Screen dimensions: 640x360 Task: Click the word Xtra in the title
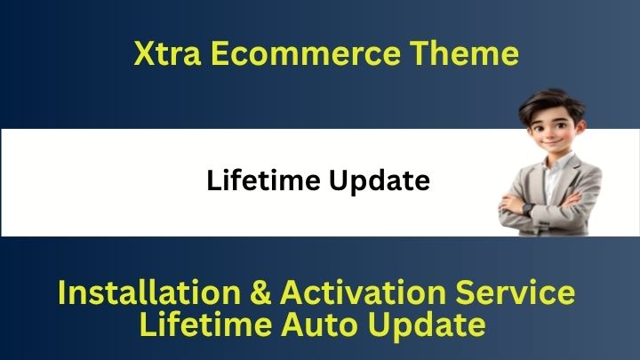tap(167, 53)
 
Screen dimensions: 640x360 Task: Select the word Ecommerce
tap(306, 53)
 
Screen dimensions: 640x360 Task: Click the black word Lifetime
tap(263, 180)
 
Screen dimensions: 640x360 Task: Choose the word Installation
tap(149, 292)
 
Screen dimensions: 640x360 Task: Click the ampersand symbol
tap(260, 292)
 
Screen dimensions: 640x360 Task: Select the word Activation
tap(363, 292)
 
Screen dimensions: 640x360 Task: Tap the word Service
tap(515, 292)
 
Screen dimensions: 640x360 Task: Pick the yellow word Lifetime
tap(205, 324)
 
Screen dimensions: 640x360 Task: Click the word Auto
tap(320, 324)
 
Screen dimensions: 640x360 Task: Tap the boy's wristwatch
tap(527, 210)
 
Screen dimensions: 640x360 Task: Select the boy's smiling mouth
tap(551, 143)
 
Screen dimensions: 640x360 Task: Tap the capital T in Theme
tap(420, 53)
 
